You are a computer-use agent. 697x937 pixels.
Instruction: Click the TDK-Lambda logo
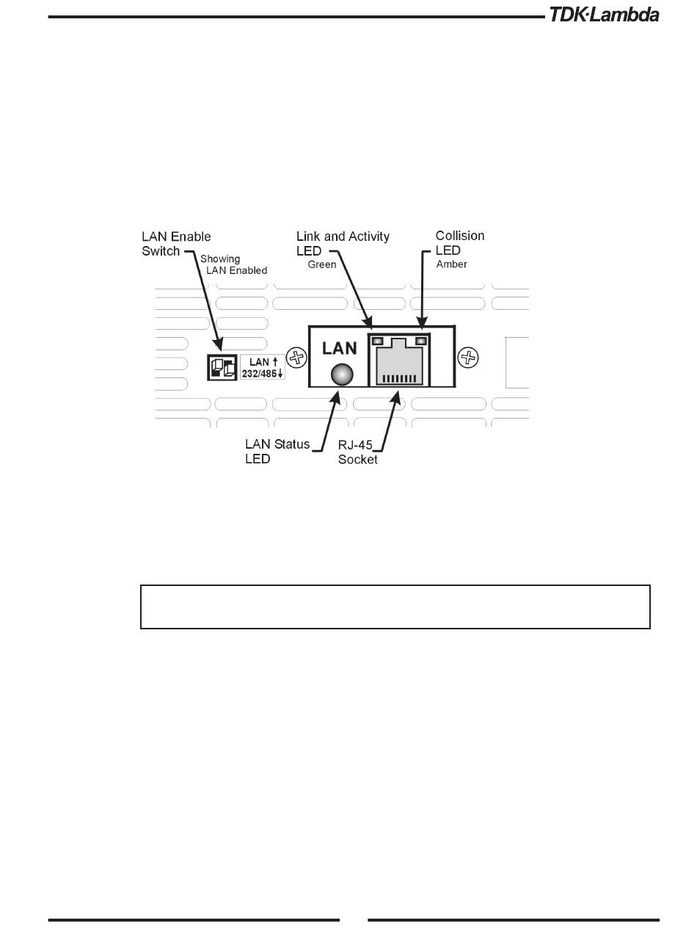coord(604,14)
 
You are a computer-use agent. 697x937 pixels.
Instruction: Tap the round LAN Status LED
coord(339,375)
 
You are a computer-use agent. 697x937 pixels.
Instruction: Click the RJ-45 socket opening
coord(399,364)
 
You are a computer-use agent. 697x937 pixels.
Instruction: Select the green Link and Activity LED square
coord(378,341)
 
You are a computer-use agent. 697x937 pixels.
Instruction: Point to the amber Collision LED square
coord(421,341)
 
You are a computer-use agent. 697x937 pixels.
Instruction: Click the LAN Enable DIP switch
coord(221,366)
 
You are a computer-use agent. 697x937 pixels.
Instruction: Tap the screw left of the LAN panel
coord(296,358)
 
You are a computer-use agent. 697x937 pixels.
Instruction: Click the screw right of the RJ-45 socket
coord(467,358)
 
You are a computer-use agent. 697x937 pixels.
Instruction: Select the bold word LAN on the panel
coord(340,348)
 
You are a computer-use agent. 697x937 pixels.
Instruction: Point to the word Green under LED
coord(321,264)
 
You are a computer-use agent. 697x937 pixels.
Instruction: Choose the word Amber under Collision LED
coord(451,264)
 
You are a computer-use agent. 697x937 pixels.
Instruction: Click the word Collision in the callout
coord(460,236)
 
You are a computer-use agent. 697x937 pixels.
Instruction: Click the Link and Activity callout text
coord(343,236)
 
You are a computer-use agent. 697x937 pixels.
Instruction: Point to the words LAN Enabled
coord(236,270)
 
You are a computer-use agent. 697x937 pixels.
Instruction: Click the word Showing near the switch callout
coord(220,259)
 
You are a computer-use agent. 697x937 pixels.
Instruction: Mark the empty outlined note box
coord(395,607)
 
